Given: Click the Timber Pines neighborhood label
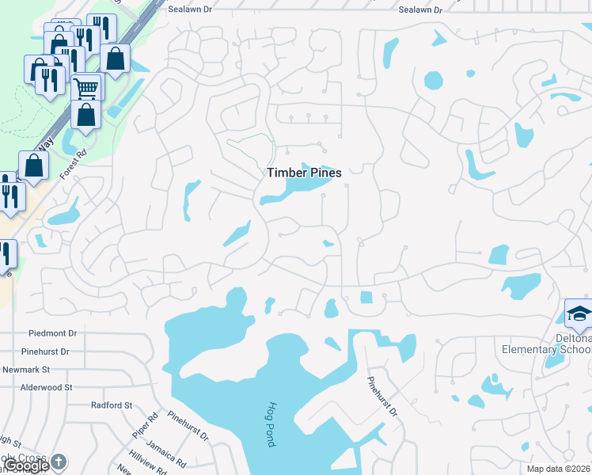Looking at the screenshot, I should coord(304,173).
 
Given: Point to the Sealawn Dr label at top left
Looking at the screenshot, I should coord(192,10).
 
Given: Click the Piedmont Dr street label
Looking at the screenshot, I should coord(52,334).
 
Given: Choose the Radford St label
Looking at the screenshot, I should coord(111,405).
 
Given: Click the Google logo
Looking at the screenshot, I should coord(25,465).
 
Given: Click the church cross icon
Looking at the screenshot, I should coord(59,462).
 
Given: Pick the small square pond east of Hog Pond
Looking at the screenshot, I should coord(366,297).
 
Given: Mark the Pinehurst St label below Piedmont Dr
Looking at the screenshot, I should coord(45,351).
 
